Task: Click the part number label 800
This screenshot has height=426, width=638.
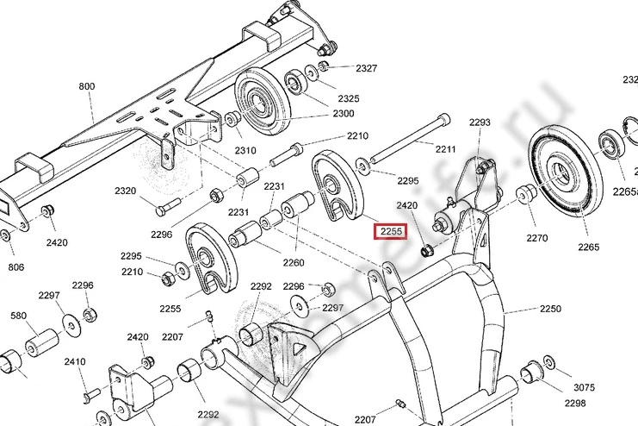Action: [87, 86]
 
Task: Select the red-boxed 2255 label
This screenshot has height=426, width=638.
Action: [388, 232]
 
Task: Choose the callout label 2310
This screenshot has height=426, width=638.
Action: [245, 151]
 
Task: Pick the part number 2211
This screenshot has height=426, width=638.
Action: [445, 149]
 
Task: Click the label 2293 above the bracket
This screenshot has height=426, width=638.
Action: [480, 122]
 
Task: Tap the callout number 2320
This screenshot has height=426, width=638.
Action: [126, 191]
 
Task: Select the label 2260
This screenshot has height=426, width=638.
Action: [294, 263]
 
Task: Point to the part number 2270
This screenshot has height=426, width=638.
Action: [537, 238]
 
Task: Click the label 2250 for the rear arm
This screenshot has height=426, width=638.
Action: [550, 309]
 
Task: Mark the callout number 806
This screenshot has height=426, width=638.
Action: [16, 267]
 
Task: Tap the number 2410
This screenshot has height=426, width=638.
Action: [75, 362]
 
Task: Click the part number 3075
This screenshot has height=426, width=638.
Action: [585, 387]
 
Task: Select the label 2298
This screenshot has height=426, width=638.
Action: [575, 403]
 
